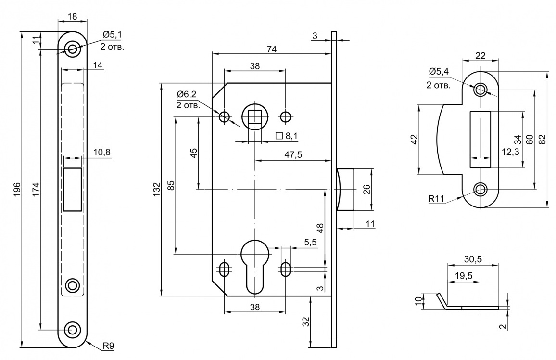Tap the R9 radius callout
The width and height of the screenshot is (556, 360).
(108, 346)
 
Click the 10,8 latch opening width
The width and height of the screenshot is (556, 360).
(101, 152)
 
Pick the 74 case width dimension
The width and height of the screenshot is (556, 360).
(272, 49)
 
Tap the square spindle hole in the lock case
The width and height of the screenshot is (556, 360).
(254, 116)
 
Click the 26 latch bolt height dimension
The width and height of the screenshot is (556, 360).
(366, 189)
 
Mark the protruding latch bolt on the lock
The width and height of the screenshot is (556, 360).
(346, 189)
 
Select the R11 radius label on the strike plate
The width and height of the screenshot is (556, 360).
(436, 198)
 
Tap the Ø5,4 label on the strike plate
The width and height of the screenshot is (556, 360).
(439, 72)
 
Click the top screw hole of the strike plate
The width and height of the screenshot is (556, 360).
(480, 90)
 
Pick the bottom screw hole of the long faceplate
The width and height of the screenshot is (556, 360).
(73, 330)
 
